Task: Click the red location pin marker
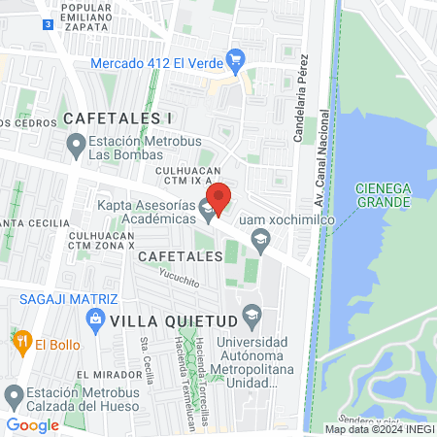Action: point(219,199)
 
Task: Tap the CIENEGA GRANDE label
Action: point(383,194)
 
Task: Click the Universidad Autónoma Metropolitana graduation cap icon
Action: point(252,315)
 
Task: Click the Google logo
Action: point(32,424)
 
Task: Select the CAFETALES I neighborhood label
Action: point(118,118)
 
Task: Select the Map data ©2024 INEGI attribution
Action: point(378,429)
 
